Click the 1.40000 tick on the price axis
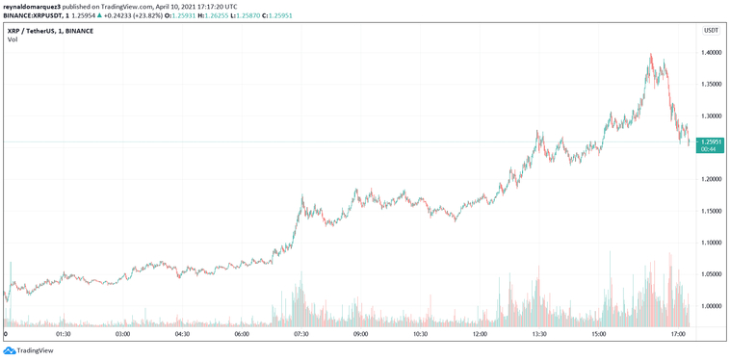click(x=712, y=53)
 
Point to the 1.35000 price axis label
click(x=712, y=85)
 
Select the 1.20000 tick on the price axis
click(x=712, y=179)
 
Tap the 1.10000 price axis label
click(x=712, y=243)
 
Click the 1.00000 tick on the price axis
click(x=712, y=306)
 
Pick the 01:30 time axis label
click(x=64, y=335)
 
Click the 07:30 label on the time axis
click(x=301, y=335)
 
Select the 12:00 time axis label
click(x=480, y=335)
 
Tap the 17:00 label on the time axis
click(x=678, y=335)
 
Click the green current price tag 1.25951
click(x=711, y=142)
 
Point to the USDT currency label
click(x=712, y=30)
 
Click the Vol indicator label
click(x=13, y=39)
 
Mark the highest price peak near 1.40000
click(x=652, y=55)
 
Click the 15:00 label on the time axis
click(x=599, y=335)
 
